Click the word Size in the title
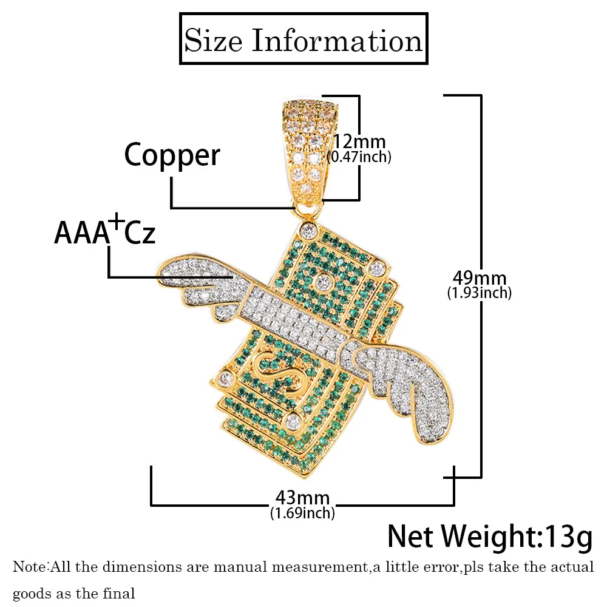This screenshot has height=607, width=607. click(x=214, y=41)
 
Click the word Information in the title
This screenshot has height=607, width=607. click(x=336, y=41)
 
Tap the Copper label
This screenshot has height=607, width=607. click(x=172, y=155)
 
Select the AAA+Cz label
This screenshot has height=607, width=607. click(x=105, y=232)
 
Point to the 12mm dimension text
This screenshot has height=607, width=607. click(x=359, y=143)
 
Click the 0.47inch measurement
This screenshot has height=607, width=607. click(x=359, y=157)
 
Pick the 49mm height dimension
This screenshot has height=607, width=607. click(x=480, y=279)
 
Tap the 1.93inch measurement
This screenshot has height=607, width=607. click(x=480, y=293)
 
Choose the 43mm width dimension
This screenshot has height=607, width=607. click(x=302, y=499)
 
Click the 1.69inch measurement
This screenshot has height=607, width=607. click(x=302, y=514)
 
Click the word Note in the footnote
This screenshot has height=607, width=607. click(x=29, y=568)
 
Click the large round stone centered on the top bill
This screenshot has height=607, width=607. click(x=322, y=282)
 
